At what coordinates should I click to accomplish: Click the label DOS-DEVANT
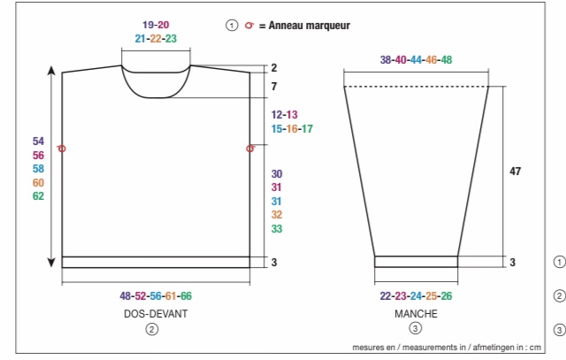156,313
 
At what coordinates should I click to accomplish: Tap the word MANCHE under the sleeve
416,313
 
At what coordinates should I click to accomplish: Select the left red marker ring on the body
61,149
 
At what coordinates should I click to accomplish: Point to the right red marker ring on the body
250,149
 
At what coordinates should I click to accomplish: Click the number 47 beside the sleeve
515,171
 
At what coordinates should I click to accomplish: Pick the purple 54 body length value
38,142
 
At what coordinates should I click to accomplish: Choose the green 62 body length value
38,196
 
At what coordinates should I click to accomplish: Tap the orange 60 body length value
38,183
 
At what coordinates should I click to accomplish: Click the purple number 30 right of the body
277,174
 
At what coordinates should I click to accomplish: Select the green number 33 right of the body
277,228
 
